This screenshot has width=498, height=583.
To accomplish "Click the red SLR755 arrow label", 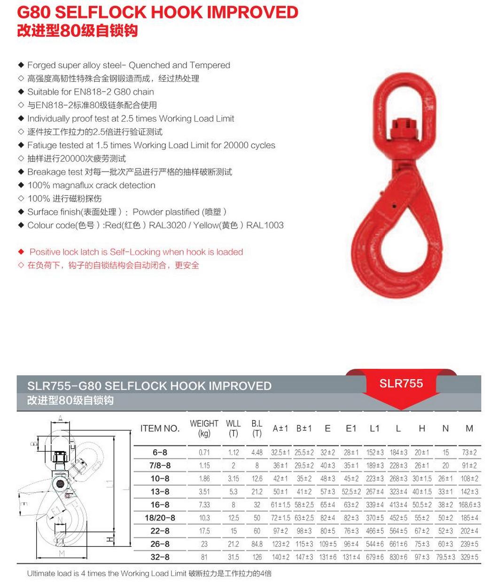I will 401,384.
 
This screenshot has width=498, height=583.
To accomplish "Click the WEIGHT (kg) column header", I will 204,428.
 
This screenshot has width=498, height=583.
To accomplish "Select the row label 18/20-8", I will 160,518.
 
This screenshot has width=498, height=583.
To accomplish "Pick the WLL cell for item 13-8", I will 233,491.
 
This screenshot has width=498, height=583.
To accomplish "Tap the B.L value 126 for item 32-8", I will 257,557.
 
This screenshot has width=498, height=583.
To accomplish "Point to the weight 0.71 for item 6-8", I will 204,453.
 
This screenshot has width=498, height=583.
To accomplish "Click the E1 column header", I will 351,428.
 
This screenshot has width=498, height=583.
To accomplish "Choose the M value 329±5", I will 469,557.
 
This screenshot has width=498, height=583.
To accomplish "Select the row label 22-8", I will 160,531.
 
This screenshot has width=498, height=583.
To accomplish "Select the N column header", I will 445,428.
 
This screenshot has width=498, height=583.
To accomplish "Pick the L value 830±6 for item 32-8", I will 398,557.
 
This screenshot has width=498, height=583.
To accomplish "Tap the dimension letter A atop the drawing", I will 61,418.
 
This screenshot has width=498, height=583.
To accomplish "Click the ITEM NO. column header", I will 160,428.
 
